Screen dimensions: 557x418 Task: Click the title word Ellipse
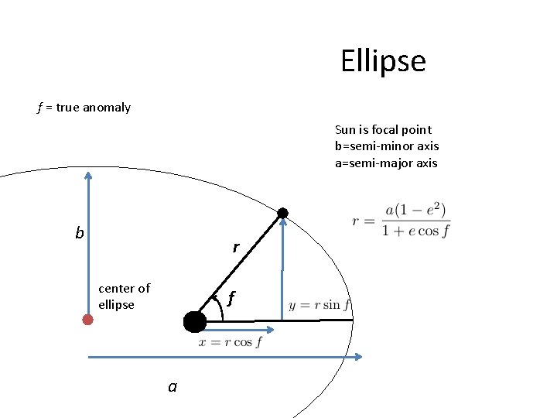pos(383,61)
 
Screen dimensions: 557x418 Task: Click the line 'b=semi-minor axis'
pos(387,146)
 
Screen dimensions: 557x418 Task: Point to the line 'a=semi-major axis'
pos(386,163)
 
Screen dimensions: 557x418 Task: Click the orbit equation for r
pos(401,220)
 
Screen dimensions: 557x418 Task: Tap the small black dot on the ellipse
pos(283,213)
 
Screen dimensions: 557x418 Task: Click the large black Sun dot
pos(195,321)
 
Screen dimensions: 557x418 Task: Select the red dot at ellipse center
pos(87,319)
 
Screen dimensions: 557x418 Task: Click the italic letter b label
pos(79,233)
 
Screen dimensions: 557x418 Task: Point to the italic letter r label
pos(236,248)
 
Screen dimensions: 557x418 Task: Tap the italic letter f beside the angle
pos(231,298)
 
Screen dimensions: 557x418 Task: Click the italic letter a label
pos(173,385)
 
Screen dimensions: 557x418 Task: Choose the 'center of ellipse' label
pos(124,296)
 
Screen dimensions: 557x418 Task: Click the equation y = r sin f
pos(319,305)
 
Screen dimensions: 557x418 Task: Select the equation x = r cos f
pos(230,342)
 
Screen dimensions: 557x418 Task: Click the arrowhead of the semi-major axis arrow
pos(359,356)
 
